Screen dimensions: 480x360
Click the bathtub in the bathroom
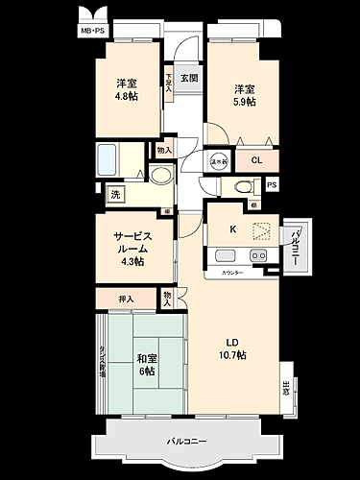pyautogui.click(x=108, y=156)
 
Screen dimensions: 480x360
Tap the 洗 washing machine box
pyautogui.click(x=115, y=195)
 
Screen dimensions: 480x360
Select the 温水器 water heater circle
pyautogui.click(x=220, y=161)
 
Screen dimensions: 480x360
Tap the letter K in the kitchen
pyautogui.click(x=233, y=228)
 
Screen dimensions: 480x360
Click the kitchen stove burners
pyautogui.click(x=255, y=255)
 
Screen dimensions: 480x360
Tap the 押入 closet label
pyautogui.click(x=125, y=300)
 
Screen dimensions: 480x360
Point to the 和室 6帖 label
pyautogui.click(x=144, y=366)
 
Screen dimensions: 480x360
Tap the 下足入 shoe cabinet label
pyautogui.click(x=169, y=79)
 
